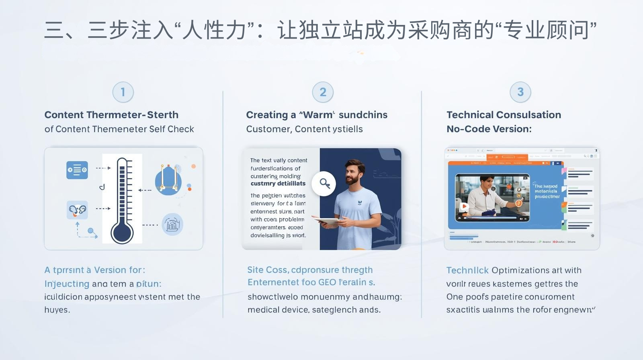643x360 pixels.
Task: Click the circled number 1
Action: click(123, 92)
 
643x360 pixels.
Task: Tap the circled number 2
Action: click(323, 92)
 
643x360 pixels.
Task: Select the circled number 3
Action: click(520, 92)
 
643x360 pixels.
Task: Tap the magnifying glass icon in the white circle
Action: click(324, 184)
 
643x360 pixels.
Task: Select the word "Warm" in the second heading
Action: click(318, 115)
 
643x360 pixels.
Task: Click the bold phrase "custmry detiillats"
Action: click(278, 184)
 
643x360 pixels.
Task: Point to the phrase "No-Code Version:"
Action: click(489, 129)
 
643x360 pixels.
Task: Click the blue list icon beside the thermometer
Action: click(77, 170)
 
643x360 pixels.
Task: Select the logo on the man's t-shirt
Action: click(359, 202)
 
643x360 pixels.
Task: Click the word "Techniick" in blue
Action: click(467, 270)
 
